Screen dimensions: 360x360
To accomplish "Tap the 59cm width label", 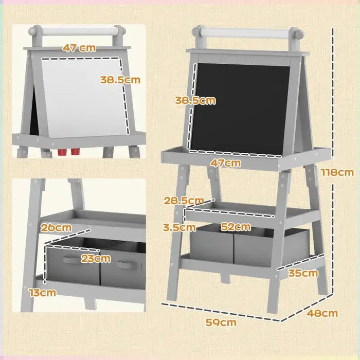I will [x=221, y=322].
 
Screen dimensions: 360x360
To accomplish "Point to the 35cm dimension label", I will [x=303, y=273].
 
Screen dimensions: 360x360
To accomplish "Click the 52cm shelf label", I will [x=236, y=226].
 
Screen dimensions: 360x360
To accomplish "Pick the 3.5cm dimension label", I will [x=179, y=226].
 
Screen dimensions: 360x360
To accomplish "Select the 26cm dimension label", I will [x=57, y=227].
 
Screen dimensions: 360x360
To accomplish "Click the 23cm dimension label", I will [x=95, y=259].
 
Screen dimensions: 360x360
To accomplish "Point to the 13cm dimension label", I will [x=42, y=293].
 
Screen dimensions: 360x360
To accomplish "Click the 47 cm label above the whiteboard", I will [x=79, y=48].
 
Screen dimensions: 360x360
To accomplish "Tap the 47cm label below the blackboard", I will [x=225, y=163].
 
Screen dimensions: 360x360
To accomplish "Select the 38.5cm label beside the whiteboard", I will [x=119, y=80].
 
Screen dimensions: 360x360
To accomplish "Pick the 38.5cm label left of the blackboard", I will [x=194, y=100].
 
